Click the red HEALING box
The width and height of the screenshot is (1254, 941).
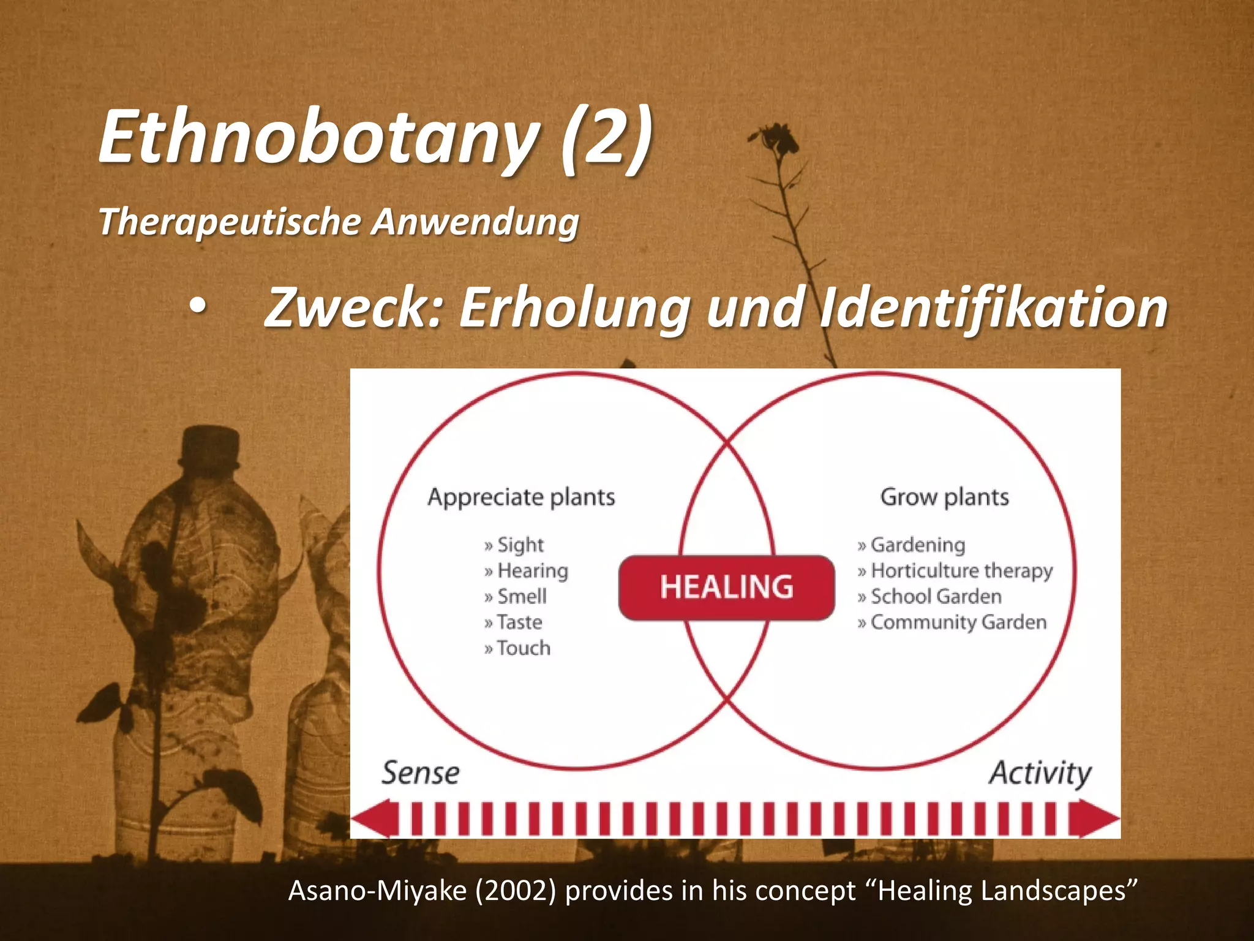click(x=726, y=587)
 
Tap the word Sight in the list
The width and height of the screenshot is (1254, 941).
click(x=520, y=545)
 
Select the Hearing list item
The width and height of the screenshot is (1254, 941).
click(x=532, y=570)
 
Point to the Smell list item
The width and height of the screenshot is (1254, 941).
click(x=522, y=596)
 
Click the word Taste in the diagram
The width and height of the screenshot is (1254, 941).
click(x=519, y=622)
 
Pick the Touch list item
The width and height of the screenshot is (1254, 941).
click(x=524, y=648)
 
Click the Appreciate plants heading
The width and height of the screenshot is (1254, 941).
click(x=521, y=497)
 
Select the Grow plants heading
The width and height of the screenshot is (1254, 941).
click(x=944, y=497)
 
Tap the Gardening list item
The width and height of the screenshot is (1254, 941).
click(x=917, y=545)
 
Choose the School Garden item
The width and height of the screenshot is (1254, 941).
click(x=936, y=596)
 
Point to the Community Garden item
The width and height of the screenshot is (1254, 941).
click(x=958, y=622)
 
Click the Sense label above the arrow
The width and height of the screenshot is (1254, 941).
click(x=421, y=773)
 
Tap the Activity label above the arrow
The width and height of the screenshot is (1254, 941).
click(x=1040, y=773)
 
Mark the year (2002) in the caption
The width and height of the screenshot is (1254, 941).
click(x=516, y=890)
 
